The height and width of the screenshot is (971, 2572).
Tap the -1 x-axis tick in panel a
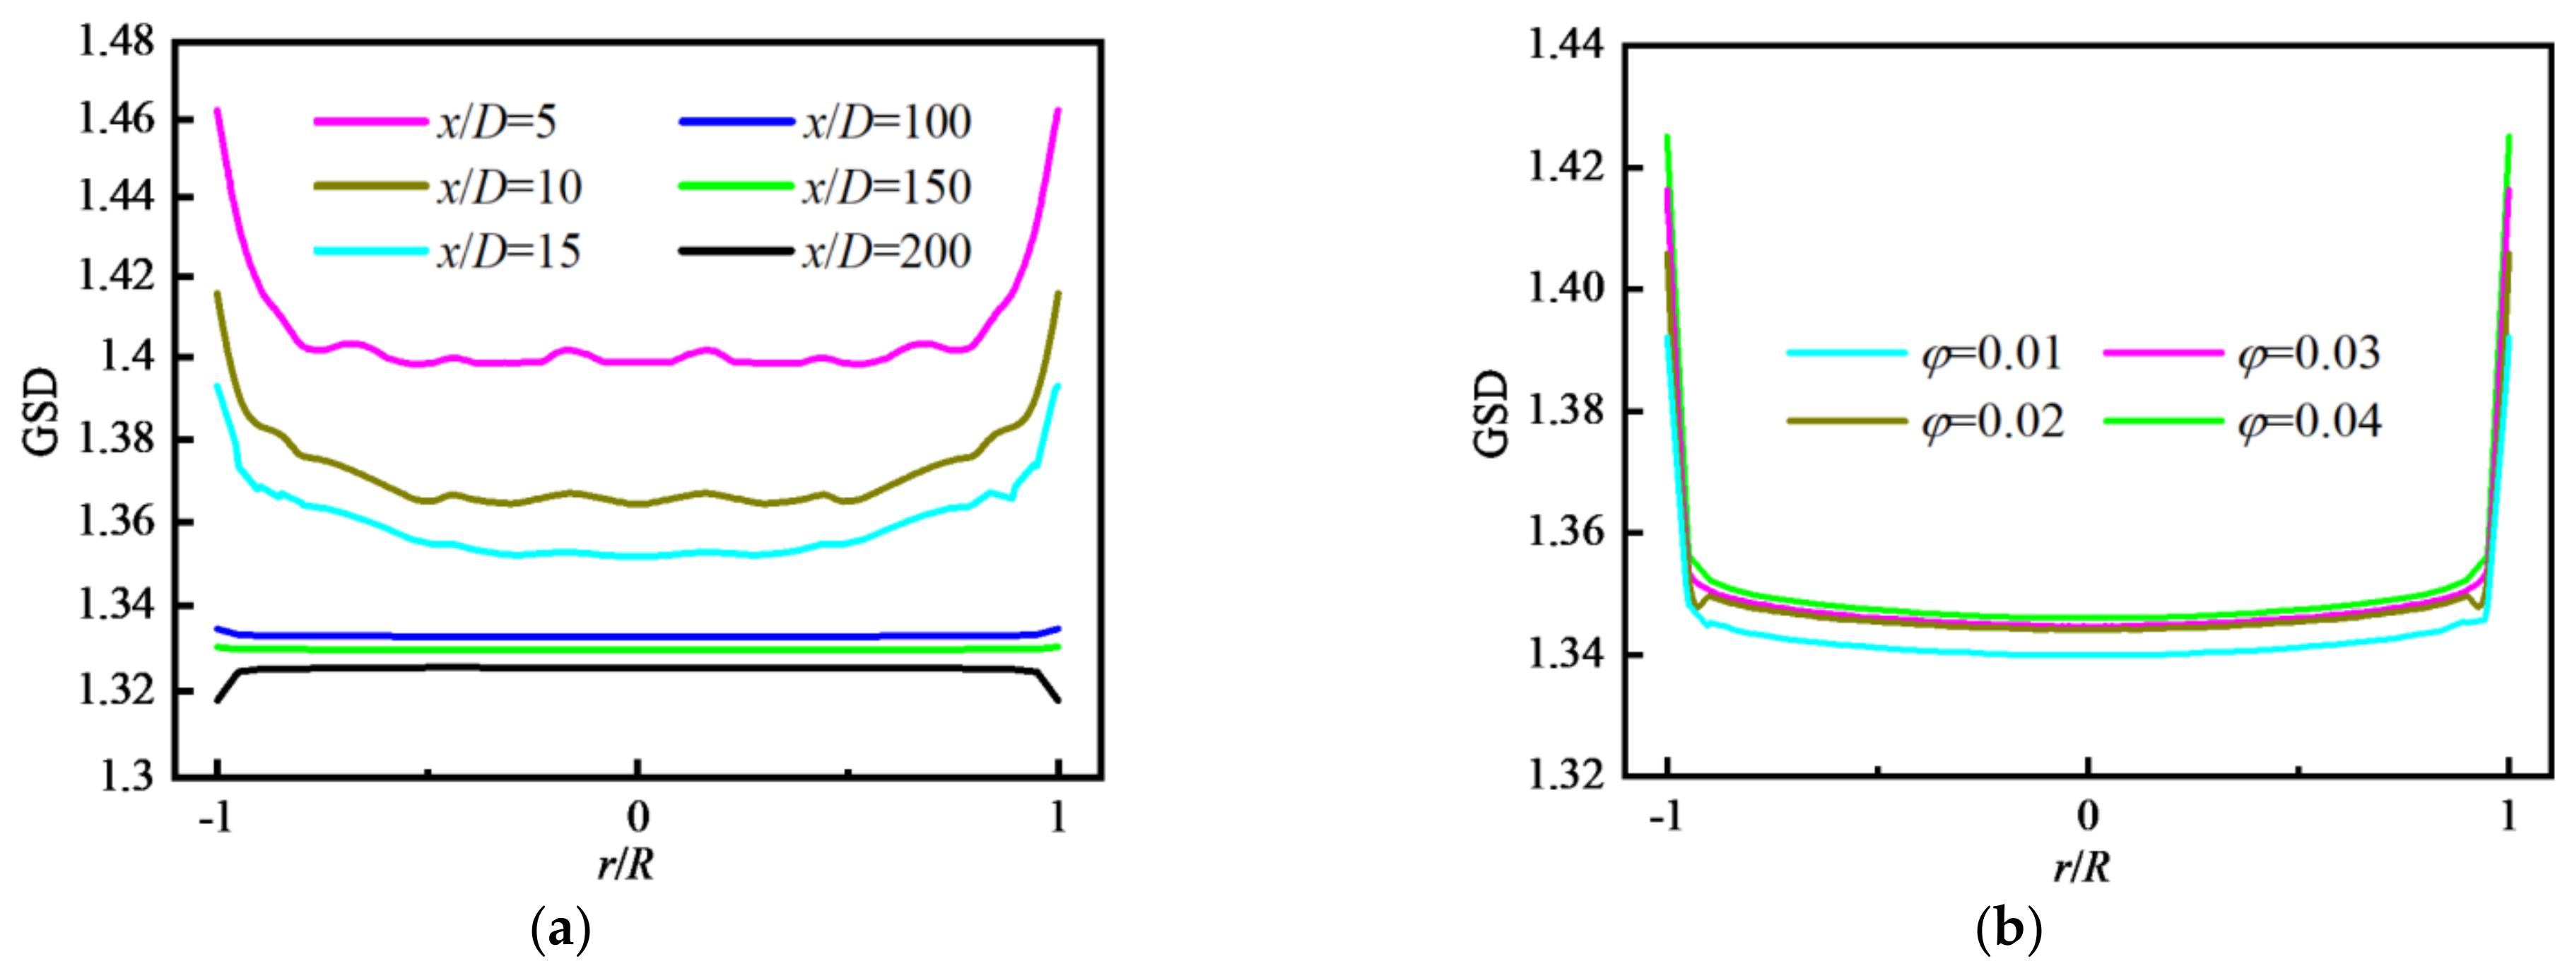(x=215, y=818)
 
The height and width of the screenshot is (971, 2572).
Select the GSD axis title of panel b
(x=1491, y=413)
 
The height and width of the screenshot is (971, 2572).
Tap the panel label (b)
(x=2009, y=930)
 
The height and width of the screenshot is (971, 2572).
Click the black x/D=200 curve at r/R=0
(x=637, y=669)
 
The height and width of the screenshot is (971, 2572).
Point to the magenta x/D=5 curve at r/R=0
(x=637, y=361)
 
